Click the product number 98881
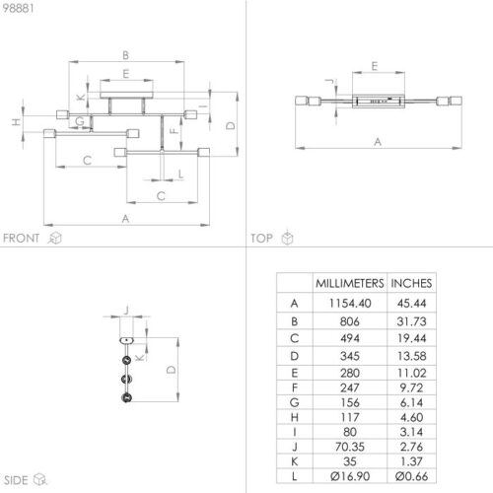tap(18, 8)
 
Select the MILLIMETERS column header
tap(350, 283)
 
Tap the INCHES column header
tap(411, 283)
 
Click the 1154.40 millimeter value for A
tap(350, 303)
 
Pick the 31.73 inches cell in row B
tap(411, 321)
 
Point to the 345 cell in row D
tap(350, 356)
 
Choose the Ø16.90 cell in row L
tap(350, 476)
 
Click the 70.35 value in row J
tap(350, 447)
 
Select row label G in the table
tap(295, 402)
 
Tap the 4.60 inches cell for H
tap(411, 417)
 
